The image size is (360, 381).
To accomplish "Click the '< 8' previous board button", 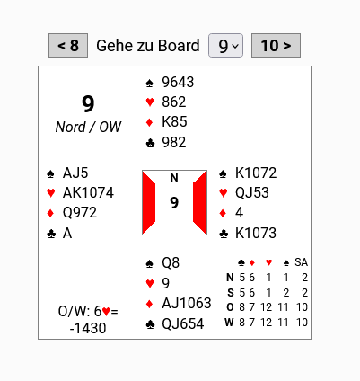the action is [68, 45].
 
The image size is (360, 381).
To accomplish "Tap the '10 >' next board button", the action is [276, 45].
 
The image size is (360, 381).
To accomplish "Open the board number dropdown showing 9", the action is [225, 45].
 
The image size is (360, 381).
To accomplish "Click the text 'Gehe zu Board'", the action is [148, 46].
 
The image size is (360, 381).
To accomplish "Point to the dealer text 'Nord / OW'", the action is [88, 127].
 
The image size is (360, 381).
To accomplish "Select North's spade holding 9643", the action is [178, 82].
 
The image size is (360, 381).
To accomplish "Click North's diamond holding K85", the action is [174, 121].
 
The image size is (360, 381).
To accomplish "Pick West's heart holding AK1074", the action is [88, 192].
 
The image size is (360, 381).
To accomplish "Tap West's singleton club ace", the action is [67, 233].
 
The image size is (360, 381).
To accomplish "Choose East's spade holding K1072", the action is [256, 173].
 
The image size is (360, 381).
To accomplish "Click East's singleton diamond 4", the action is [239, 212].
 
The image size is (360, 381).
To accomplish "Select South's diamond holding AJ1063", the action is [187, 303].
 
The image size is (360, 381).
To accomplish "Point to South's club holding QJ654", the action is [183, 323].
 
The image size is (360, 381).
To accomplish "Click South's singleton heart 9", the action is [166, 283].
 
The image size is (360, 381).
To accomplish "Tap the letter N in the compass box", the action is [174, 178].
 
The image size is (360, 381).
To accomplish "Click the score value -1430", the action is [88, 328].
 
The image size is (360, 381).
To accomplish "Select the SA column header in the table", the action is [301, 262].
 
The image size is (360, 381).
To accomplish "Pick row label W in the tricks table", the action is [229, 323].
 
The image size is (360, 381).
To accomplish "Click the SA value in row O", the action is [302, 307].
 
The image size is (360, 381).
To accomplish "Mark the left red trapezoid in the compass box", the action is [149, 203].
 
